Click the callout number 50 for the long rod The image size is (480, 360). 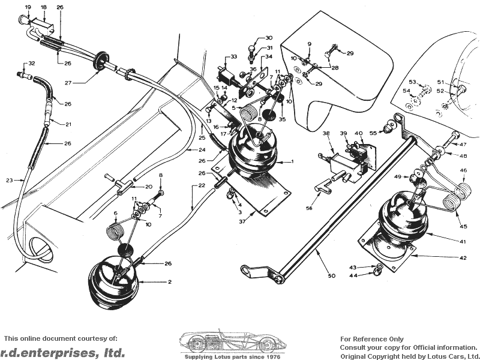tap(332, 275)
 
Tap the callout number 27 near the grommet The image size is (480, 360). tap(68, 82)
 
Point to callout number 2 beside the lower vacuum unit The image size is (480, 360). tap(170, 281)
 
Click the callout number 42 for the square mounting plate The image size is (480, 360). tap(463, 258)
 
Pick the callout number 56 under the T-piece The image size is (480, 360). tap(309, 208)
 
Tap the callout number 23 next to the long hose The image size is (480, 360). tap(10, 181)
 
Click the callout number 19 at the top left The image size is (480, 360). tap(28, 7)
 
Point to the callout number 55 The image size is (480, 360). tap(373, 133)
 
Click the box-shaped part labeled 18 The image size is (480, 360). tap(43, 24)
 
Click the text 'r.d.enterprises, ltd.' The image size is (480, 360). tap(62, 352)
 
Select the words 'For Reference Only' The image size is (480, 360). tap(371, 339)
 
